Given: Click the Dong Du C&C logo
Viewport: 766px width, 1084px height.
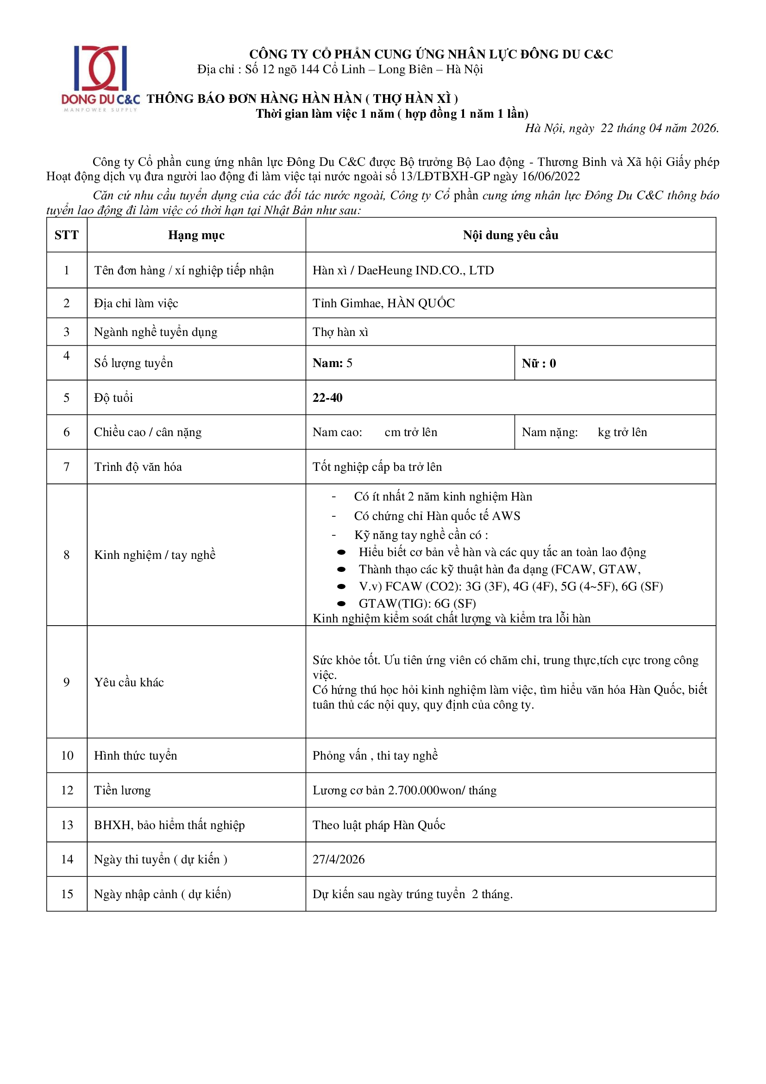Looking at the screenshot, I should tap(100, 78).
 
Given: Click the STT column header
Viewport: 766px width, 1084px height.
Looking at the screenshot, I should tap(67, 235).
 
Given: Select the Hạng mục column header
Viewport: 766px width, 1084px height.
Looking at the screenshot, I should tap(196, 235).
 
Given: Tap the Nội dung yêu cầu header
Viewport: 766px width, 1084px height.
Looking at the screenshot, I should tap(510, 235).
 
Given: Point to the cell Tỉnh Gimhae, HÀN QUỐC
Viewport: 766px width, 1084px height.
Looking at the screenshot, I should tap(383, 303).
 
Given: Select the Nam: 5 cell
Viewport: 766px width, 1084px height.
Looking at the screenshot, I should tap(333, 363).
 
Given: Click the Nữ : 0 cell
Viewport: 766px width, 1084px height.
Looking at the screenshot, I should tap(539, 363).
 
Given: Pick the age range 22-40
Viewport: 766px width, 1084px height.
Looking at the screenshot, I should tap(327, 398).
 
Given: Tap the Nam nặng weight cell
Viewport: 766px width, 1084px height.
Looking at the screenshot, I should tap(584, 432).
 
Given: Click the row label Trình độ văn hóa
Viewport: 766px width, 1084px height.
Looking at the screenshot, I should tap(138, 467).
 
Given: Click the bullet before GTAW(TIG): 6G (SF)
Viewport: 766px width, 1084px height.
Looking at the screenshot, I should tap(341, 603).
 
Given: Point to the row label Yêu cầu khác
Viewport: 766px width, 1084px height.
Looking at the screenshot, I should tap(129, 682).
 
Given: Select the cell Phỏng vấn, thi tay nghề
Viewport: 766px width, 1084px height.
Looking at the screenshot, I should tap(375, 755).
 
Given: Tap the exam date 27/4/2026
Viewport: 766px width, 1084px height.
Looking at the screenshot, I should tap(339, 859).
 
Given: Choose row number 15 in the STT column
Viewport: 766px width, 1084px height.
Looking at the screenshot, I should tap(67, 894).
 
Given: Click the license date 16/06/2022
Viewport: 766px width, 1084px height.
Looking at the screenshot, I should tap(551, 177).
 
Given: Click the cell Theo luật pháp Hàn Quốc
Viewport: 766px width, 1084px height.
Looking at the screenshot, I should tap(379, 825).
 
